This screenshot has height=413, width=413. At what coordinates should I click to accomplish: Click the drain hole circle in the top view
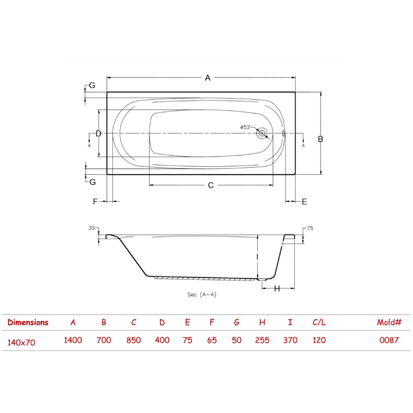[x=261, y=133]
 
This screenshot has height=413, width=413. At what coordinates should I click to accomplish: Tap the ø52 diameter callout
[x=245, y=128]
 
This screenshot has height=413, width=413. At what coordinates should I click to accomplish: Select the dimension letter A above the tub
[x=208, y=78]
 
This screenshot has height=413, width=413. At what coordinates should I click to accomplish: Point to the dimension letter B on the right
[x=320, y=139]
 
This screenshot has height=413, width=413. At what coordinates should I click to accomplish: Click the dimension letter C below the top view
[x=211, y=185]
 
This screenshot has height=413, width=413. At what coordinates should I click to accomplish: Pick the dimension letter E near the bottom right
[x=304, y=202]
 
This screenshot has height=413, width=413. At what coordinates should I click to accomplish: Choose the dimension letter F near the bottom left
[x=95, y=202]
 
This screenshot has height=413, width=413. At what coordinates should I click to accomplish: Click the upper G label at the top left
[x=92, y=85]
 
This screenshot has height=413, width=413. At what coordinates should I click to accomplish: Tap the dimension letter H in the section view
[x=277, y=289]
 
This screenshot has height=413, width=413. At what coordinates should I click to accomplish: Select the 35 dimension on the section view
[x=91, y=228]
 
